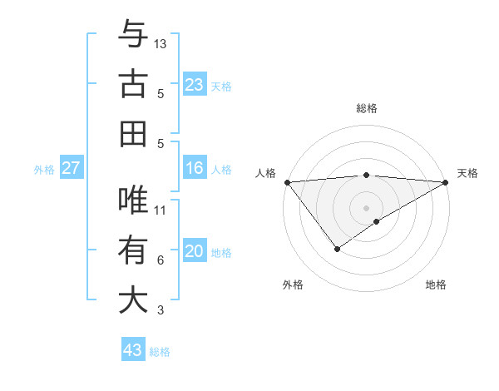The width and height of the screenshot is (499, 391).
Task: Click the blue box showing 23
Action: point(195,85)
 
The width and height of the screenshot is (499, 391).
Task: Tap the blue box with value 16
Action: point(195,169)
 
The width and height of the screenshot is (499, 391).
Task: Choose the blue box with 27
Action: point(72,169)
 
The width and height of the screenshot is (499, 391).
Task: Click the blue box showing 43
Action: point(133,350)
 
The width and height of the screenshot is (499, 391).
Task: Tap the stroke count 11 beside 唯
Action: point(161,210)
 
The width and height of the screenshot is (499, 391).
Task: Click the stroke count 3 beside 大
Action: point(161,310)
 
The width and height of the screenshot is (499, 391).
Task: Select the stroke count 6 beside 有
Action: point(161,260)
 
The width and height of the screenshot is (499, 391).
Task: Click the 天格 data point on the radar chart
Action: point(447,182)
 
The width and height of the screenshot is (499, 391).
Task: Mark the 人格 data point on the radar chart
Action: point(287,182)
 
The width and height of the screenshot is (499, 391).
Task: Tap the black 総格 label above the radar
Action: point(366,108)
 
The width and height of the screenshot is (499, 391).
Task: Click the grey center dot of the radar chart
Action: point(366,206)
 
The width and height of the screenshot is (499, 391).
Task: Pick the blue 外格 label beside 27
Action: point(44,170)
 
